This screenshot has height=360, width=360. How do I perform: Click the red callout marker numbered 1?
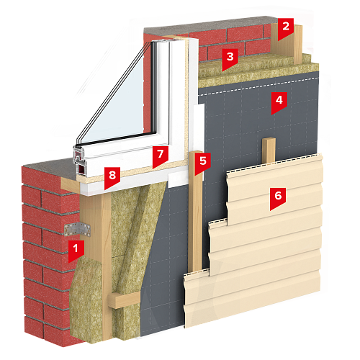click(76, 250)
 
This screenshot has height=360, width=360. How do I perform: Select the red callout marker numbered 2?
click(286, 27)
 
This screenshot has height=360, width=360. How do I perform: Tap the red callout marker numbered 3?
click(230, 58)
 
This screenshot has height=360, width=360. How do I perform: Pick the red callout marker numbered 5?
click(203, 162)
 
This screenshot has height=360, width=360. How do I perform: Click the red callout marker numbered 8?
click(112, 177)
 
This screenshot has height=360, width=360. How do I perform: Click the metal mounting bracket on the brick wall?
click(77, 230)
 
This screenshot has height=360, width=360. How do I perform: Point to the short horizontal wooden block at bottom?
click(124, 300)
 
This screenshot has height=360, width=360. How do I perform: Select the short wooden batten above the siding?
click(269, 150)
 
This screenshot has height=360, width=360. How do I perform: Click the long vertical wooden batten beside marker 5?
click(196, 211)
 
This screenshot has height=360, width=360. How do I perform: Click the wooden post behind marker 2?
click(297, 45)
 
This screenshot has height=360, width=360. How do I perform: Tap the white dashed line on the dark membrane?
click(258, 86)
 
